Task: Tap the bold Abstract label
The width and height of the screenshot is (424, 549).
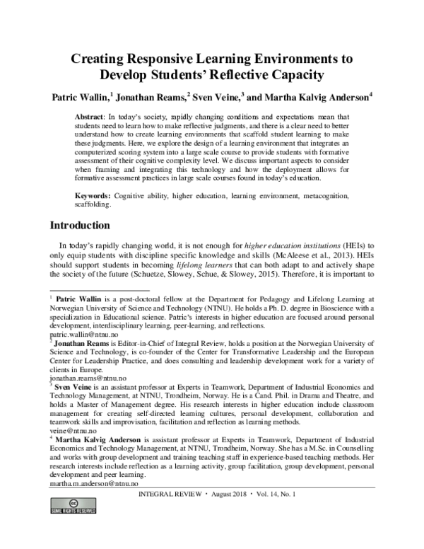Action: click(x=90, y=115)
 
